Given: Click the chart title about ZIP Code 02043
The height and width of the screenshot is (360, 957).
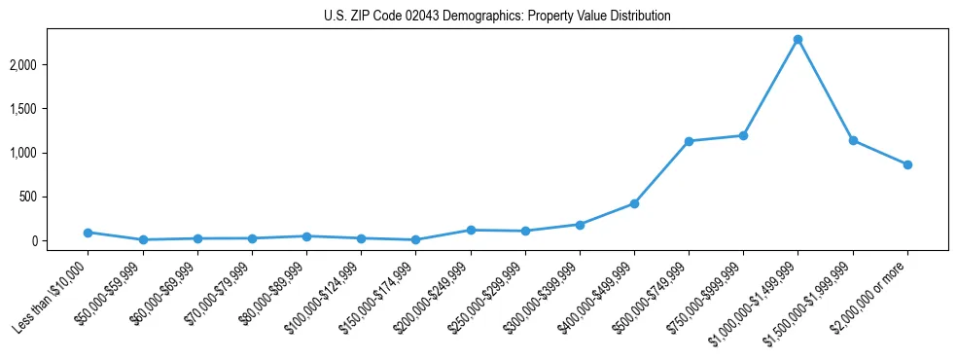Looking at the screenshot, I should click(x=497, y=17).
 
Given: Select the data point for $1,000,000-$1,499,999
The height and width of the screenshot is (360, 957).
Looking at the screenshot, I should click(x=797, y=40).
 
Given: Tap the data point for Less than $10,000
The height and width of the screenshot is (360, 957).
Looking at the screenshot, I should click(x=89, y=233).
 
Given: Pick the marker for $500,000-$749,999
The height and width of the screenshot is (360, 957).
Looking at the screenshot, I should click(x=689, y=141).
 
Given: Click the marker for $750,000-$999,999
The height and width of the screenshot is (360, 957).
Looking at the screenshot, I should click(x=743, y=135).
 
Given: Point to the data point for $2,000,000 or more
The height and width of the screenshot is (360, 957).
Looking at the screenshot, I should click(x=907, y=164).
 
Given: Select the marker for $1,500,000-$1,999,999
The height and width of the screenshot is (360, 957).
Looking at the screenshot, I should click(x=853, y=140).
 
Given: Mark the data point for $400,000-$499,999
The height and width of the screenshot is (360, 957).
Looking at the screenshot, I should click(x=634, y=203).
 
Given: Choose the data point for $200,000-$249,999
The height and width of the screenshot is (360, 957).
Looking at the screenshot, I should click(x=471, y=230).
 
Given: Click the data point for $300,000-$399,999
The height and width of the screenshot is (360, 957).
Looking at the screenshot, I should click(x=580, y=224).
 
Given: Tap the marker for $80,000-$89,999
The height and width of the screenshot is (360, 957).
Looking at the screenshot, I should click(x=306, y=236).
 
